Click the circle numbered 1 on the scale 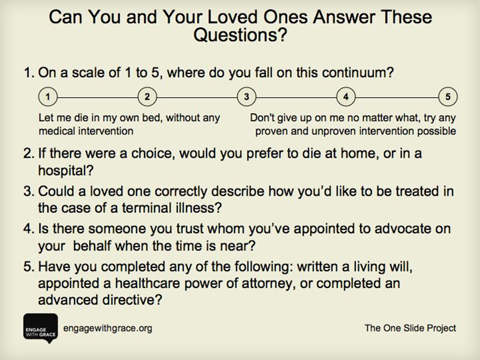tap(48, 96)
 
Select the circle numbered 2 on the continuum tap(147, 96)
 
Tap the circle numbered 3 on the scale tap(246, 96)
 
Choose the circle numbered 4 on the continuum tap(346, 96)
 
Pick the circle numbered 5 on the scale tap(448, 96)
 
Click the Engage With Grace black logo tap(41, 328)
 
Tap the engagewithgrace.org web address tap(108, 329)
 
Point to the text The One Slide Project tap(410, 328)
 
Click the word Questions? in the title tap(240, 35)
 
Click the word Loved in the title tap(233, 17)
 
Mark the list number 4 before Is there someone tap(27, 229)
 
